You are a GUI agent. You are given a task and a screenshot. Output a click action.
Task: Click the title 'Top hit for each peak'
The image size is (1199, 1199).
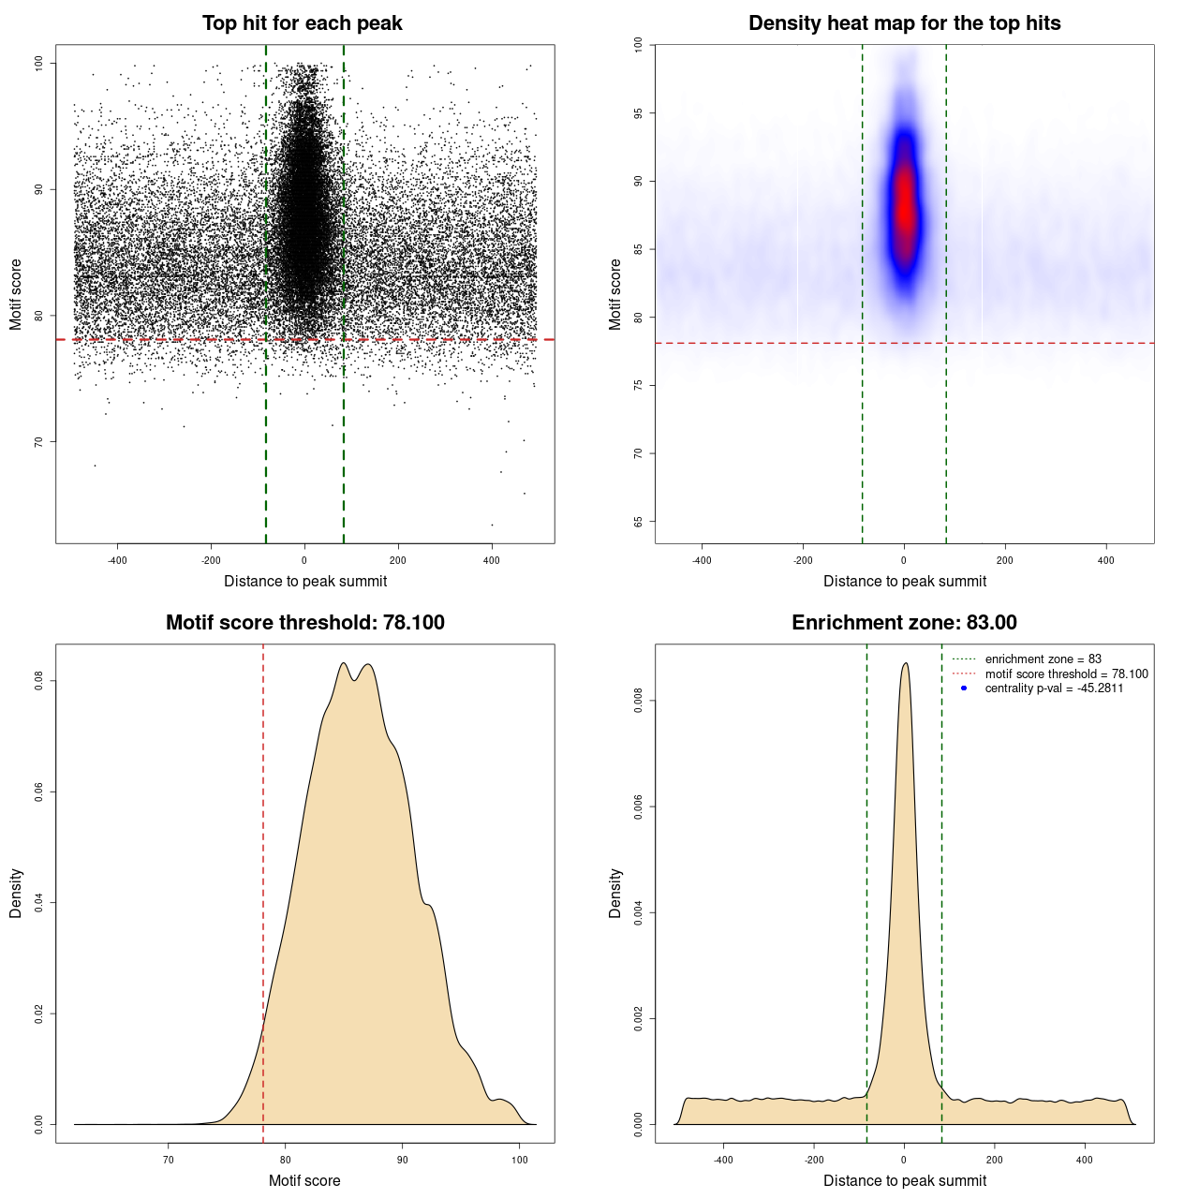click(x=302, y=23)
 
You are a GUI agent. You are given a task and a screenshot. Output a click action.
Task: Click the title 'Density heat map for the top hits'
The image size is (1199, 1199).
click(x=904, y=23)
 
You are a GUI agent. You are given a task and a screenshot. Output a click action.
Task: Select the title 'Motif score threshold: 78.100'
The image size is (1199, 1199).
click(x=304, y=623)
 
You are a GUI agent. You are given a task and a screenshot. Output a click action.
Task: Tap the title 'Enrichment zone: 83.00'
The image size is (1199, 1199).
click(x=904, y=623)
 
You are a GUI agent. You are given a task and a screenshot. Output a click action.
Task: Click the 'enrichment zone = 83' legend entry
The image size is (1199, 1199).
click(x=1043, y=659)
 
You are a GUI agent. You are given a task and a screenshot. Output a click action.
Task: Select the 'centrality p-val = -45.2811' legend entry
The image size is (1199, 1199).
click(x=1054, y=688)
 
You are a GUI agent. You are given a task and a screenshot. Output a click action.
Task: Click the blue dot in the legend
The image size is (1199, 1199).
click(x=964, y=688)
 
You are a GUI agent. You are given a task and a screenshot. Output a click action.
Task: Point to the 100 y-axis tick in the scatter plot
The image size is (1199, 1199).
click(x=39, y=63)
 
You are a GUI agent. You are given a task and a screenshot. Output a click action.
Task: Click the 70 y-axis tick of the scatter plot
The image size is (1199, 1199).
click(x=39, y=441)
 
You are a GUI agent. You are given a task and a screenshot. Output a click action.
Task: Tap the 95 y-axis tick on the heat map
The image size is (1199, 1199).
click(x=639, y=113)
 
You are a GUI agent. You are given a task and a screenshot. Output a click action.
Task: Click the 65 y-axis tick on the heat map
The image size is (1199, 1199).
click(x=639, y=521)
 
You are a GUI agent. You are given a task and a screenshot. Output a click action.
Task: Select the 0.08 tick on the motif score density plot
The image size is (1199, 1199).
click(x=39, y=681)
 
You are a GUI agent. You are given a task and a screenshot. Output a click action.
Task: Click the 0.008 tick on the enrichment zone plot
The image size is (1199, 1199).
click(x=639, y=701)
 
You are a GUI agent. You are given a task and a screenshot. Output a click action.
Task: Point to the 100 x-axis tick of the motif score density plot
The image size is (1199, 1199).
click(x=520, y=1161)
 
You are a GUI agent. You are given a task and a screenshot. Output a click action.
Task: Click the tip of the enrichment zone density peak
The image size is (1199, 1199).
click(x=905, y=664)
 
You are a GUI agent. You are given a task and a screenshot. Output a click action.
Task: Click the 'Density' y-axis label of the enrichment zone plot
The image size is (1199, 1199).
click(x=615, y=893)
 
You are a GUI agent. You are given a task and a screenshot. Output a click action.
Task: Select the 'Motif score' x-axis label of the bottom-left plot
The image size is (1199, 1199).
click(x=304, y=1180)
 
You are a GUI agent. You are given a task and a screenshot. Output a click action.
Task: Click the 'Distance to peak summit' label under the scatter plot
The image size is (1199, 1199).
click(x=305, y=581)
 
